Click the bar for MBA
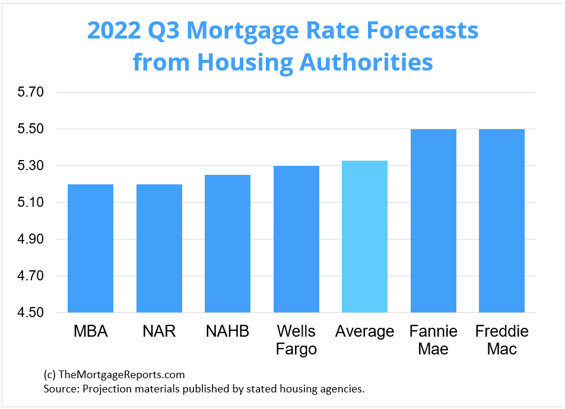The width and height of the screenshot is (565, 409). point(90,248)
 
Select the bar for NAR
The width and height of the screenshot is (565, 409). point(159,248)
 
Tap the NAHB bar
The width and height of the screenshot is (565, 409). point(227,244)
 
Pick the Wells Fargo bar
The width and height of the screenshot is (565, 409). point(296,239)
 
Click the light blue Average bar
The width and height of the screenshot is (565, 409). point(364,237)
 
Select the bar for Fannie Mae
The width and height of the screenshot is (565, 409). point(433,221)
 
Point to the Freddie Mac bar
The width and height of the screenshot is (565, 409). point(501,221)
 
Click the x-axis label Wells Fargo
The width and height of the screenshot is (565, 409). point(296,340)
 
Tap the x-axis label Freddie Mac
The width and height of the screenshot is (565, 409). point(501,340)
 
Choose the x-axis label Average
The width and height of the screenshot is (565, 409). point(364,331)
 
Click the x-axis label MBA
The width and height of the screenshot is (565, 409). point(91,331)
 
